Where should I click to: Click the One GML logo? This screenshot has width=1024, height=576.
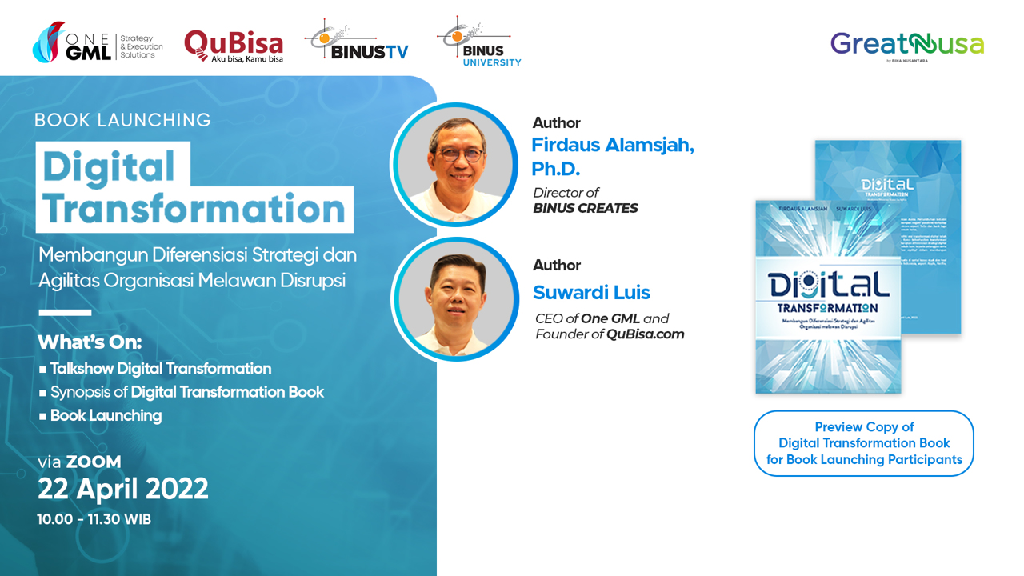pyautogui.click(x=97, y=44)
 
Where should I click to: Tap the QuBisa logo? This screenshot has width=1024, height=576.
pyautogui.click(x=233, y=46)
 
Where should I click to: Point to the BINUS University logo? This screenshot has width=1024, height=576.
pyautogui.click(x=478, y=42)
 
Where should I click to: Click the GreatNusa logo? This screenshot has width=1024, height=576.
pyautogui.click(x=906, y=45)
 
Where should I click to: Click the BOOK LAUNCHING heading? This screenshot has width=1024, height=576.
pyautogui.click(x=122, y=120)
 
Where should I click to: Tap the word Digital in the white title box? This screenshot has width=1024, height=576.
pyautogui.click(x=109, y=166)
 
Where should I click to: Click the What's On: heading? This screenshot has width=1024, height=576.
pyautogui.click(x=90, y=342)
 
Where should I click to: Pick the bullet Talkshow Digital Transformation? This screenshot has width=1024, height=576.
pyautogui.click(x=160, y=369)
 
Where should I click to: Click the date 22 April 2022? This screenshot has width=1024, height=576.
pyautogui.click(x=123, y=489)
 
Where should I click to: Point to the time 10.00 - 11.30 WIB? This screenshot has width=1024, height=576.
pyautogui.click(x=94, y=519)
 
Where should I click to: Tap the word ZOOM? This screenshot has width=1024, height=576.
pyautogui.click(x=94, y=462)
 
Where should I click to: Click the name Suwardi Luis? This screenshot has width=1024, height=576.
pyautogui.click(x=591, y=293)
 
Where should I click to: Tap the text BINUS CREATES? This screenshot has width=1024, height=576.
pyautogui.click(x=586, y=208)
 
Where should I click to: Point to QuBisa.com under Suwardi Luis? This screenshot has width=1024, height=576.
pyautogui.click(x=645, y=334)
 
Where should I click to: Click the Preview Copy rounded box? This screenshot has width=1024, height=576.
pyautogui.click(x=864, y=443)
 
